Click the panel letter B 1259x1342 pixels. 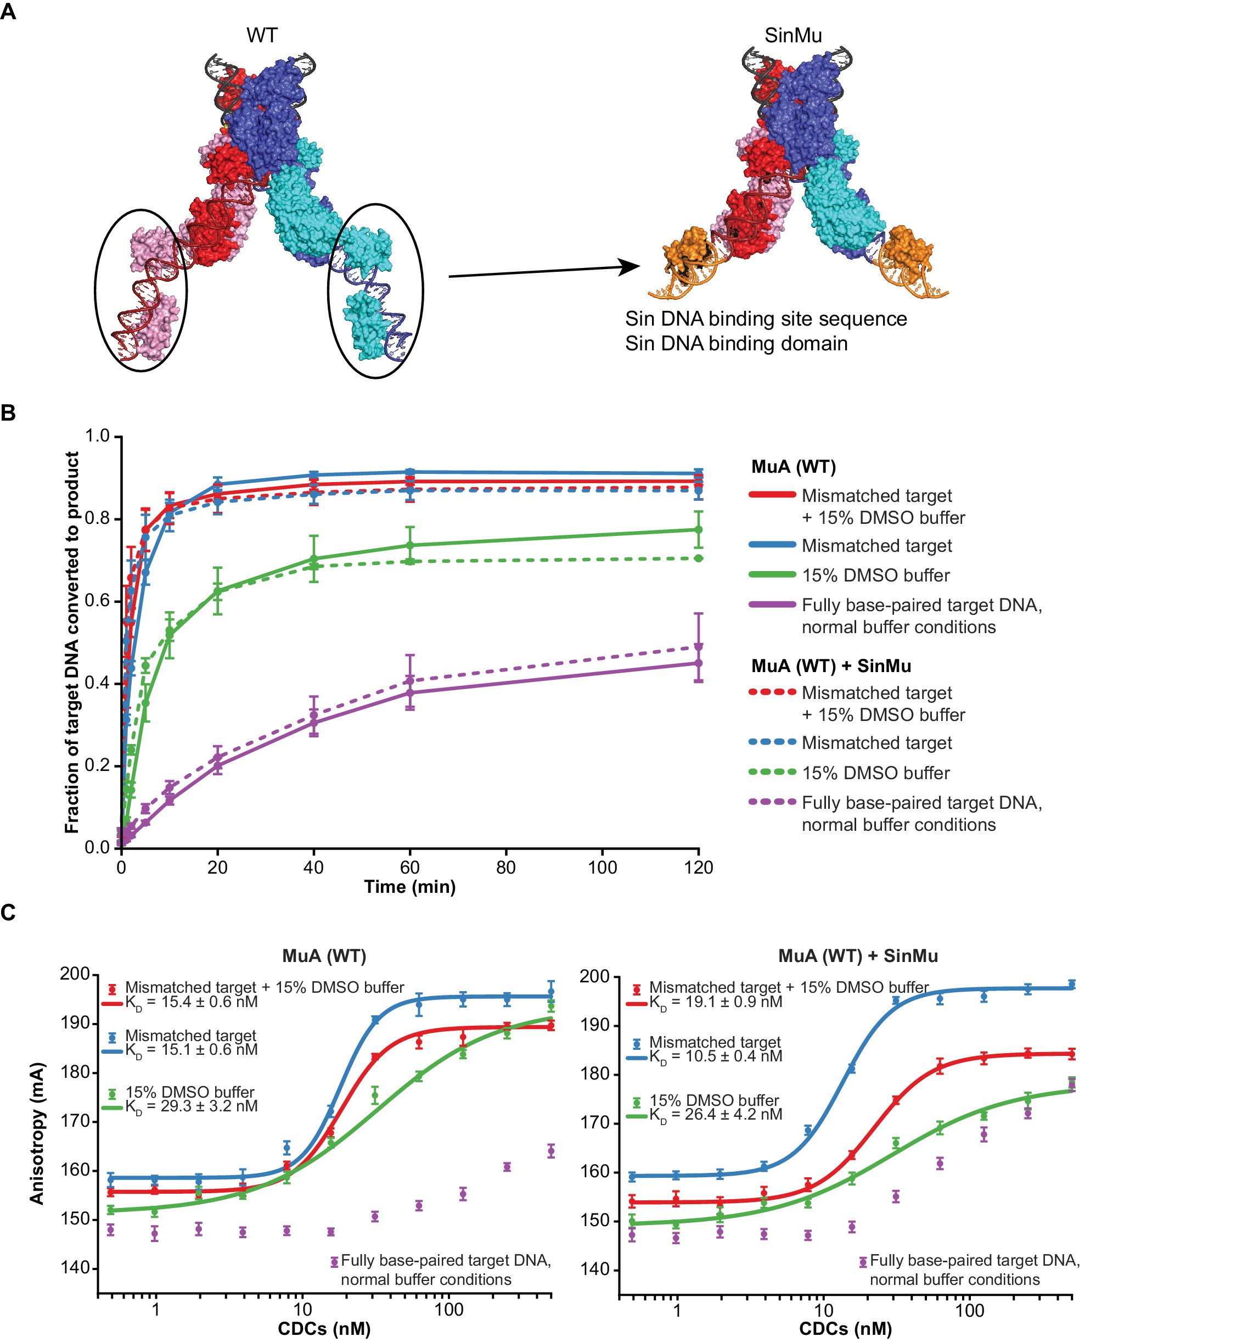(8, 412)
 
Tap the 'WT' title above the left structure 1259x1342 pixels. (262, 35)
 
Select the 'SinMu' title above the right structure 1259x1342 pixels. (793, 35)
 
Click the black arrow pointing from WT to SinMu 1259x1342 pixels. (543, 271)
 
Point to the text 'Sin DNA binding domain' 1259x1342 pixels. (736, 344)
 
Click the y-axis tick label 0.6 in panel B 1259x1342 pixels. (97, 601)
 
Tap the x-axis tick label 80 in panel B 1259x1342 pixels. (506, 868)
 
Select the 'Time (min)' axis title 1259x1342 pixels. (409, 887)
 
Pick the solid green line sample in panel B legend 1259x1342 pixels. (772, 574)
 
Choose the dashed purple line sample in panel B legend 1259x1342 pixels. (772, 802)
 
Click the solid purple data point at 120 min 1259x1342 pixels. (698, 663)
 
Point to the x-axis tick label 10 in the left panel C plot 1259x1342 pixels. (302, 1310)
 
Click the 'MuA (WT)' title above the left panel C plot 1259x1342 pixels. (324, 956)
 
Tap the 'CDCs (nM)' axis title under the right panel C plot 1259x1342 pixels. (845, 1329)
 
